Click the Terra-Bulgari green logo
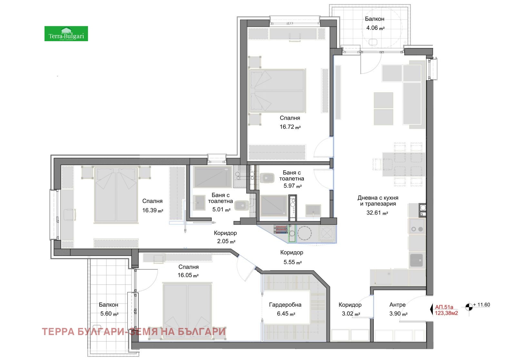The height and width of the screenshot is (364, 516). pos(66,34)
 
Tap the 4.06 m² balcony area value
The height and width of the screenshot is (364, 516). pos(375,28)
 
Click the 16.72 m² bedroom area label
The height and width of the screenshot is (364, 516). pos(290,127)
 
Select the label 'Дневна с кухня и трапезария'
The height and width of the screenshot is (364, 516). pos(378,201)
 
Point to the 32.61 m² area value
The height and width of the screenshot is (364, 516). pos(377,213)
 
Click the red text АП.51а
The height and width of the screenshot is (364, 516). pos(444,307)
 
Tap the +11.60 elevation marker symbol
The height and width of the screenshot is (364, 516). pos(469,307)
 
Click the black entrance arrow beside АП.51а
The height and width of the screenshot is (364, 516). pos(432,309)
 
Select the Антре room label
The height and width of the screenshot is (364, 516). pos(397,304)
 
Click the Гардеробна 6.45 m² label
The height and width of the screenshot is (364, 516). pos(285,309)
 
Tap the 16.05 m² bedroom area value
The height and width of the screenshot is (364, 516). pos(188,275)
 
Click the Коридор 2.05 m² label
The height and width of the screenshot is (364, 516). pos(225,237)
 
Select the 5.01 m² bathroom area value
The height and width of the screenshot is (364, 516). pos(221,210)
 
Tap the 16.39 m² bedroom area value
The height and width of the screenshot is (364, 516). pos(152,210)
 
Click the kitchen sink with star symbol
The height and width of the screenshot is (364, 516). pos(416,260)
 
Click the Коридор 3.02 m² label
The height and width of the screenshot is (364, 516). pos(350,309)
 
